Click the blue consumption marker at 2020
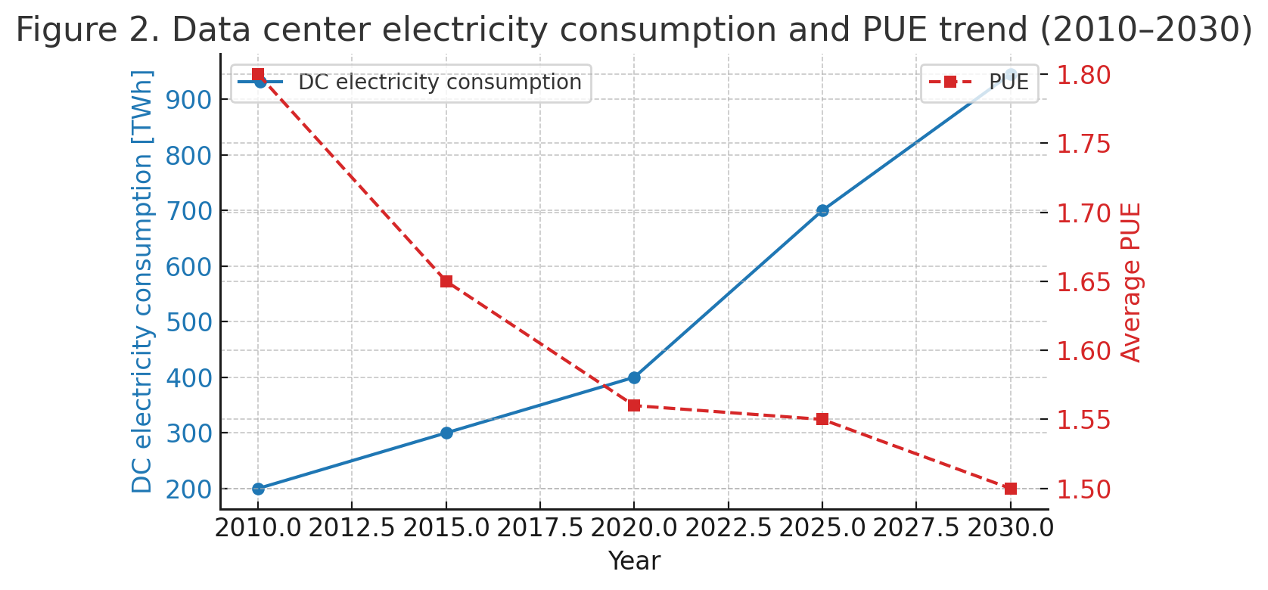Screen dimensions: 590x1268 point(634,377)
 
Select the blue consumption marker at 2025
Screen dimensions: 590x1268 point(822,210)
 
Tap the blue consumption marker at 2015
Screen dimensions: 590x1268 point(446,433)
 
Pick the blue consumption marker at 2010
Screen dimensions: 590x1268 point(258,489)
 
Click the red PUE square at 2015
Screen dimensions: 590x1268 point(446,281)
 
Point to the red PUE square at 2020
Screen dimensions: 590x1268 point(634,405)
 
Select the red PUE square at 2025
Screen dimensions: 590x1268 point(822,419)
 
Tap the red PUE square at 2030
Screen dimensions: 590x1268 point(1011,489)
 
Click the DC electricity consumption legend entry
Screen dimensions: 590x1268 point(439,82)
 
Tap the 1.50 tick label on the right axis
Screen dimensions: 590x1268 point(1083,489)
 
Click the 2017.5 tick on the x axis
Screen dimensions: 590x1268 point(540,528)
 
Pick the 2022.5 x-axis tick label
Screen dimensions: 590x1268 point(729,528)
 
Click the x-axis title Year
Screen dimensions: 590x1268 point(634,561)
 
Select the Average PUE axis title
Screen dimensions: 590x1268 point(1131,282)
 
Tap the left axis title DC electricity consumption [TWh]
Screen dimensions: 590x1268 point(142,281)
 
